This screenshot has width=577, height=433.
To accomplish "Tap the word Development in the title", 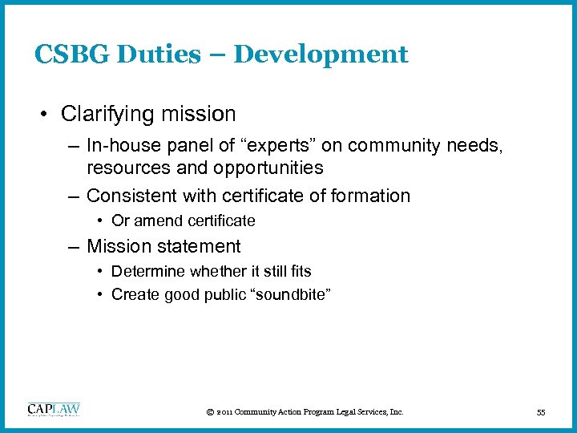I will (x=321, y=55).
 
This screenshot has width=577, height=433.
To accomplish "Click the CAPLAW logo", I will (x=54, y=409).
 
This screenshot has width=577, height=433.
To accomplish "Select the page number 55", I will (x=541, y=412).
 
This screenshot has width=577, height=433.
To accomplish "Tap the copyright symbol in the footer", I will (x=209, y=412).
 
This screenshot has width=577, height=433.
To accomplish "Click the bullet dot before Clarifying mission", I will (x=48, y=115).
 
